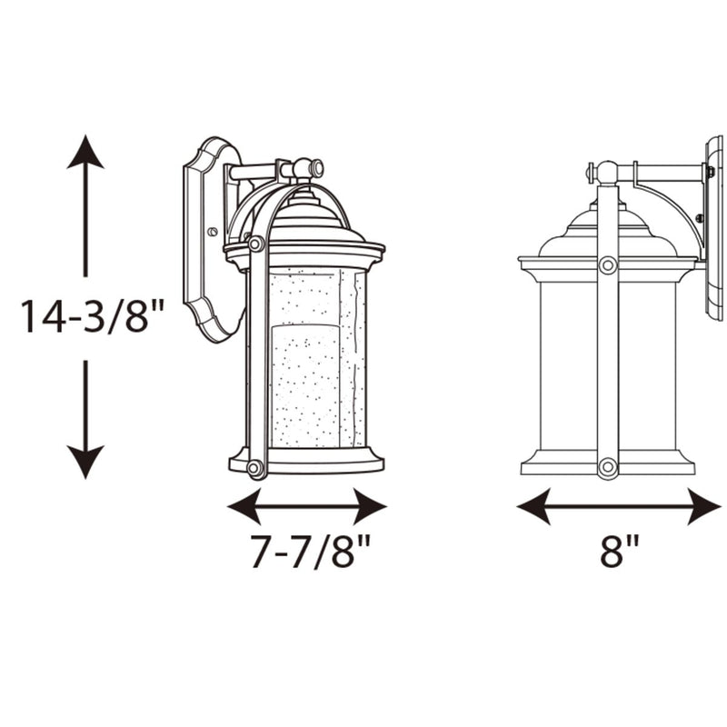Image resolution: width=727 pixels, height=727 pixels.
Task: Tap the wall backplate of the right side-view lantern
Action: [x=714, y=227]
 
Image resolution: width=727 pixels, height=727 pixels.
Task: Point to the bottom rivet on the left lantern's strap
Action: [x=255, y=467]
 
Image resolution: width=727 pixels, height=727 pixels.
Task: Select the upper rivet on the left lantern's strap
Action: [x=256, y=244]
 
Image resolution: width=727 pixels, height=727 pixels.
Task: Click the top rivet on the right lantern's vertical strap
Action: [x=607, y=264]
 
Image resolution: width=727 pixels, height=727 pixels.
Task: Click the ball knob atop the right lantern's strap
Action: [x=606, y=171]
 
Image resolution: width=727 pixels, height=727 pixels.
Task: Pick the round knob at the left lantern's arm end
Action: [x=315, y=168]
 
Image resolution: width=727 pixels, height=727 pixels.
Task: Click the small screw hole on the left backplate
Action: [x=212, y=232]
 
